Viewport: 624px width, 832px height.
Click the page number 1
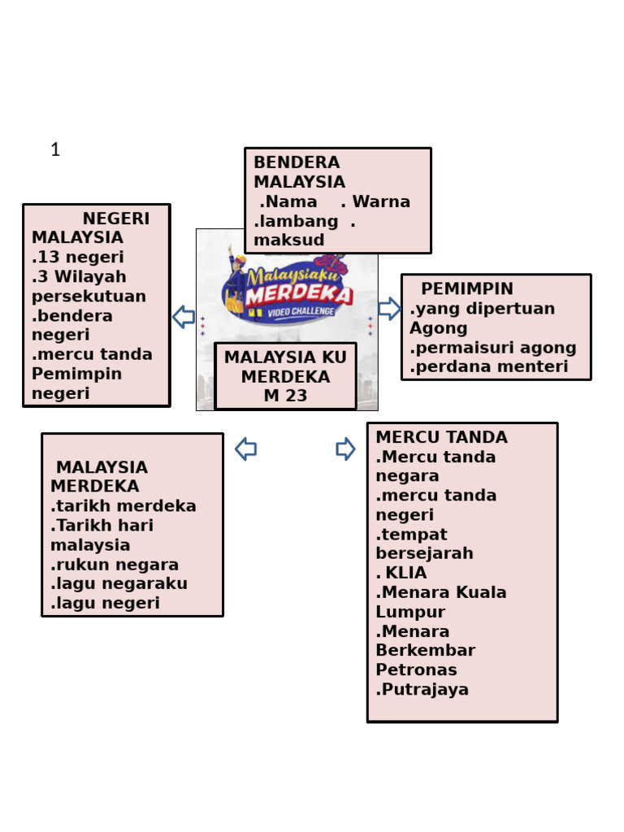pyautogui.click(x=55, y=149)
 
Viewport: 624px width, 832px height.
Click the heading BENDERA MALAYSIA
pyautogui.click(x=298, y=172)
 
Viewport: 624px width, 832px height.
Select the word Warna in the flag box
pyautogui.click(x=381, y=201)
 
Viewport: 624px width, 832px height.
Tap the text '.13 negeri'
pyautogui.click(x=78, y=257)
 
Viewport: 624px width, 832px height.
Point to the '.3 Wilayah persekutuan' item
pyautogui.click(x=89, y=286)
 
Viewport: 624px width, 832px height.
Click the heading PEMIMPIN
pyautogui.click(x=467, y=289)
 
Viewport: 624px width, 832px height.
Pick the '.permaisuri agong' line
pyautogui.click(x=493, y=348)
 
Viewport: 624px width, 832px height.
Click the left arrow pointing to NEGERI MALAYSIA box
pyautogui.click(x=184, y=317)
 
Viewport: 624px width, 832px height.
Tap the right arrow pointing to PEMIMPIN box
pyautogui.click(x=389, y=309)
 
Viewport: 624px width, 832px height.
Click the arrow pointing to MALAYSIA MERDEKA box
pyautogui.click(x=246, y=448)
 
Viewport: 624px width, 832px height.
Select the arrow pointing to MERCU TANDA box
pyautogui.click(x=345, y=448)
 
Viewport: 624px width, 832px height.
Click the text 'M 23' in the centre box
pyautogui.click(x=285, y=396)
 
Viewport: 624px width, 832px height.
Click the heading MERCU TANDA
pyautogui.click(x=441, y=437)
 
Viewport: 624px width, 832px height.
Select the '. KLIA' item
pyautogui.click(x=401, y=573)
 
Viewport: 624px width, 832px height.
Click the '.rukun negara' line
pyautogui.click(x=115, y=565)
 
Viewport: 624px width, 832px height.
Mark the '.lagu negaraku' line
pyautogui.click(x=119, y=583)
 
